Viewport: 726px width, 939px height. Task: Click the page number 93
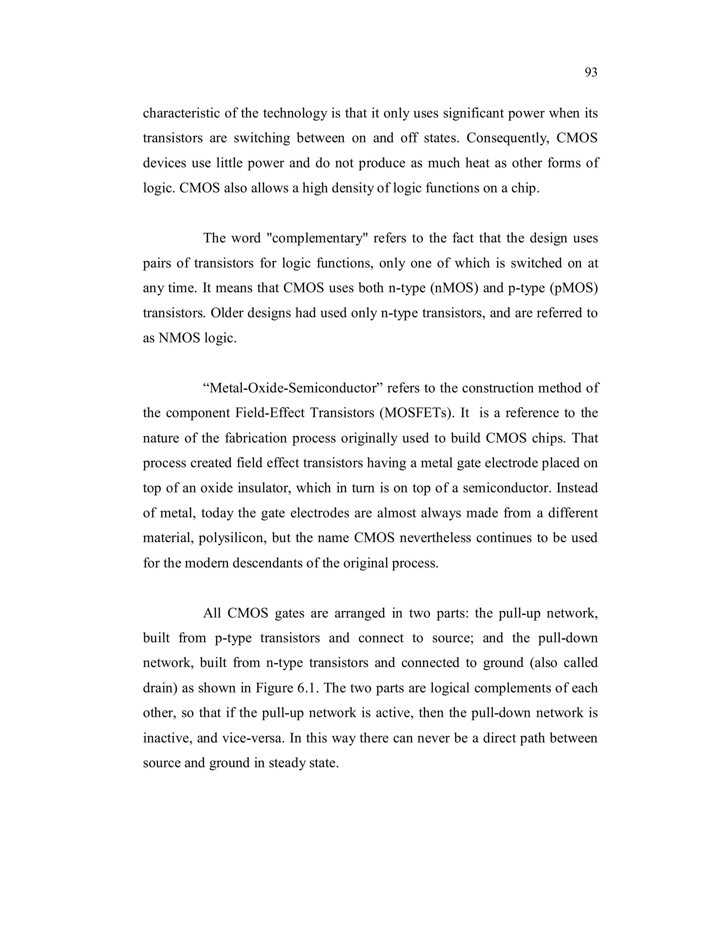pos(591,73)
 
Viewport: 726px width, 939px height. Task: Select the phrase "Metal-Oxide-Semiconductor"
pos(292,388)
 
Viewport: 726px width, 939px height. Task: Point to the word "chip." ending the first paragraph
pos(525,188)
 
